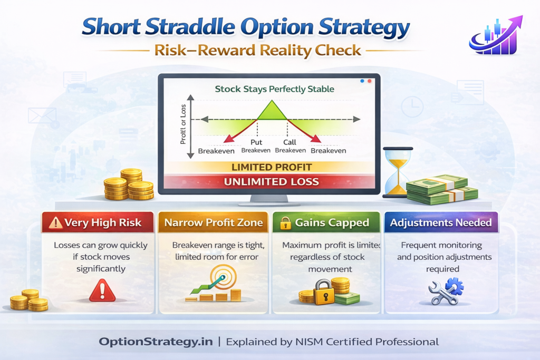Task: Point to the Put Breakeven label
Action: coord(256,146)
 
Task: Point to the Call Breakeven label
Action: coord(290,146)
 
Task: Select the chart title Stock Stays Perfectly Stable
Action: coord(274,89)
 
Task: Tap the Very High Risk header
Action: coord(98,222)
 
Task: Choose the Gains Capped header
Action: coord(326,222)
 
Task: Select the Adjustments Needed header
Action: coord(441,222)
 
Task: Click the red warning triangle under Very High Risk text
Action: coord(102,290)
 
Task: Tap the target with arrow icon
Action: coord(217,277)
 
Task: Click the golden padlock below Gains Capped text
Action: coord(323,293)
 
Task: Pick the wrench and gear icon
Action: coord(446,291)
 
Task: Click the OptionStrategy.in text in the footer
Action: coord(156,342)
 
